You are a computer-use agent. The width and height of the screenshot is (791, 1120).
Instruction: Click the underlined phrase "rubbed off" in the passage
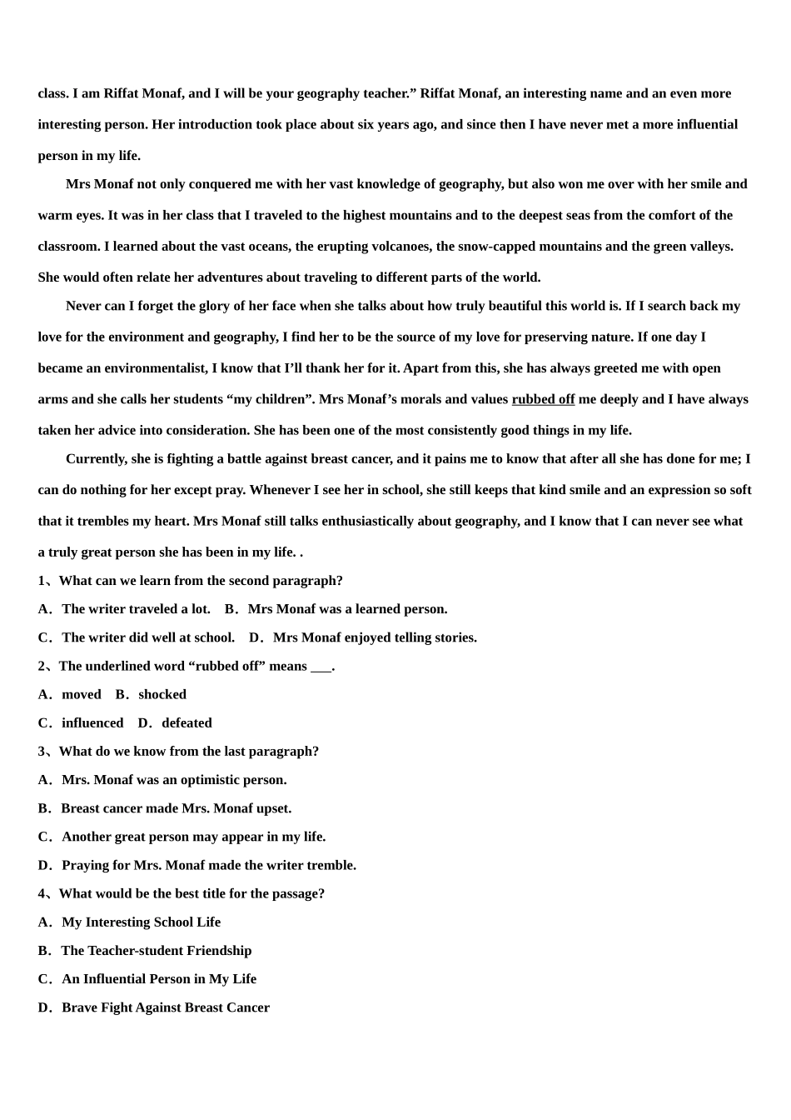(543, 399)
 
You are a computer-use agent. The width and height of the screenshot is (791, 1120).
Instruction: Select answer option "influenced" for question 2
(92, 722)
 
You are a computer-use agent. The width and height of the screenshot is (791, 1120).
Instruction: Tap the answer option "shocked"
(162, 694)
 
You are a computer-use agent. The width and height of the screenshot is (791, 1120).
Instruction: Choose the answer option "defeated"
(187, 722)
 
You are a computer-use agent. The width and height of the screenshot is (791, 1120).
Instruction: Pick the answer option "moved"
(81, 694)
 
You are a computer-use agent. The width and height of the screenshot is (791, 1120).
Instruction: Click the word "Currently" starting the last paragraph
(97, 458)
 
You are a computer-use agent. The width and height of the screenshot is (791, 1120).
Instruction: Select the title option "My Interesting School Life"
(141, 922)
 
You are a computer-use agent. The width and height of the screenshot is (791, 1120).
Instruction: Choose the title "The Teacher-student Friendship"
(156, 950)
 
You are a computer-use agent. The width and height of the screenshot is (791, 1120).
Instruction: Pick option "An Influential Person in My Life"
(158, 978)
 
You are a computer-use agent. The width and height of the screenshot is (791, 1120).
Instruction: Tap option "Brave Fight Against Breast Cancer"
(165, 1007)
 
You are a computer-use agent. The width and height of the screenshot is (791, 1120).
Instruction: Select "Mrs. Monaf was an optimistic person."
(173, 779)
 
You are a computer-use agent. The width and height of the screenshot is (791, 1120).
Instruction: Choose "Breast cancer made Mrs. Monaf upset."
(176, 807)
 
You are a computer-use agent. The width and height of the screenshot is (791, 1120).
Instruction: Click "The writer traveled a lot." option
(136, 609)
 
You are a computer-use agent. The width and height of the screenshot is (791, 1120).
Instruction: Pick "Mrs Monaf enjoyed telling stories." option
(375, 637)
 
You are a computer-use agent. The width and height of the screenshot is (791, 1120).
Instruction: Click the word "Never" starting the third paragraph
(82, 306)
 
